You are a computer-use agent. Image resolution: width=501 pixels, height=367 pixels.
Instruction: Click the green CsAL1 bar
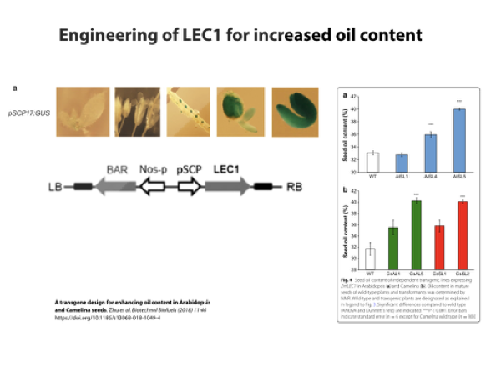point(392,249)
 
